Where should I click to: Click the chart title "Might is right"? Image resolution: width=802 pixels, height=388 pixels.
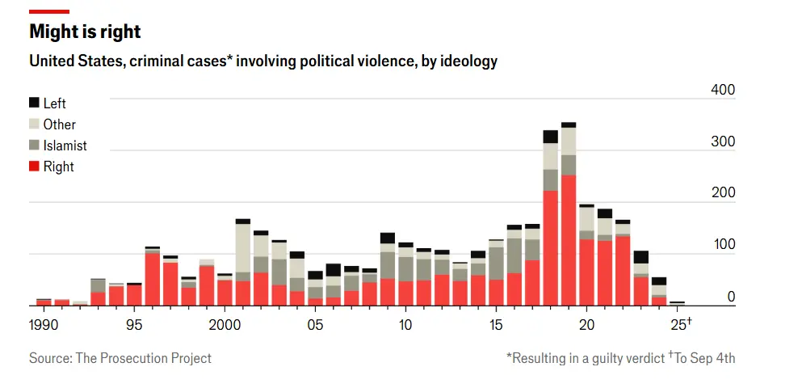coord(85,32)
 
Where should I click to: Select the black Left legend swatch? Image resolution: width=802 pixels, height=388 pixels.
coord(34,103)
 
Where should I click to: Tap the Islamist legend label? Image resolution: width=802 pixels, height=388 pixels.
coord(65,145)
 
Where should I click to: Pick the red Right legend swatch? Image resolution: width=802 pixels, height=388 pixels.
coord(34,167)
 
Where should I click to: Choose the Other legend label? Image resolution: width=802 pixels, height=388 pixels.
coord(60,124)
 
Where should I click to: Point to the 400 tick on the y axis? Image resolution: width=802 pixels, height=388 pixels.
coord(723,90)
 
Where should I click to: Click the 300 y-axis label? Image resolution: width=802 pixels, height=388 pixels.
coord(723,142)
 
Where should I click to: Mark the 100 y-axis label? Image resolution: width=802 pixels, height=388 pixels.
coord(723,245)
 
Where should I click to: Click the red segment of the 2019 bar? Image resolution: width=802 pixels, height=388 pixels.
coord(569,242)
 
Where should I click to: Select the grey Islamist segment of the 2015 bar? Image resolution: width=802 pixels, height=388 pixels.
coord(496,264)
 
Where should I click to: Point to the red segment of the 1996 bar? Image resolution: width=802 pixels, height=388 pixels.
coord(152,280)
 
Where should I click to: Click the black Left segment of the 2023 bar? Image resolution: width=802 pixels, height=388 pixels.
coord(641,257)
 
